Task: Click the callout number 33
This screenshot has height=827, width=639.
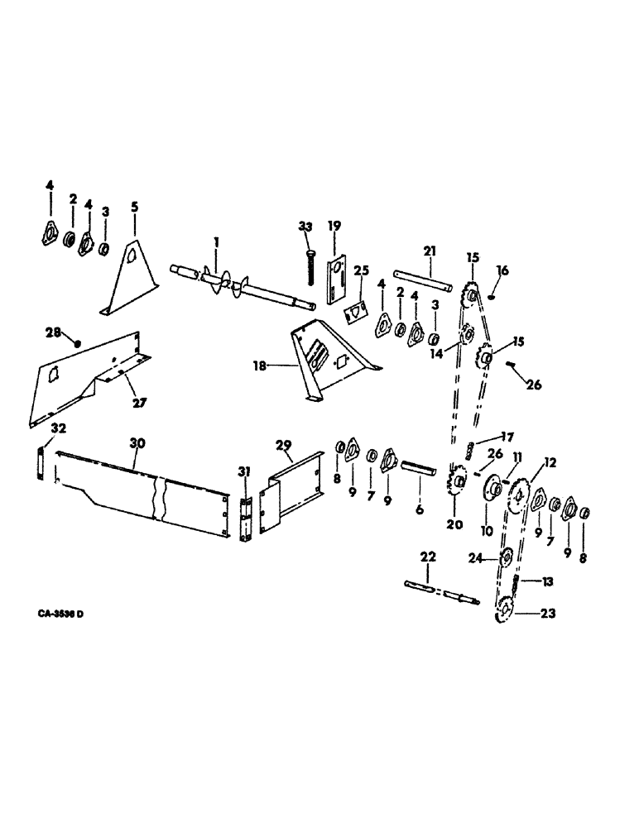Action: click(x=307, y=226)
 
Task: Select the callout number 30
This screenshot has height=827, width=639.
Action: click(x=137, y=443)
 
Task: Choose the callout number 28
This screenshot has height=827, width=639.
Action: click(x=53, y=332)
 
